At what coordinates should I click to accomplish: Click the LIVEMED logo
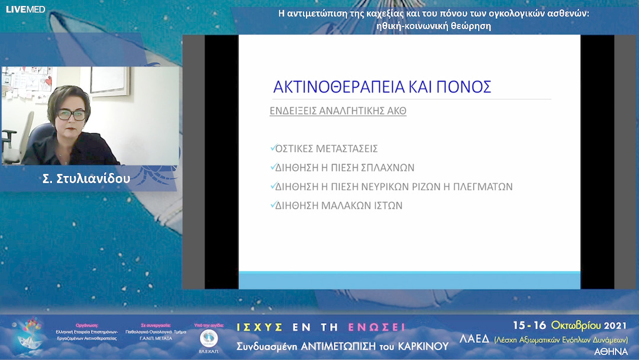click(x=25, y=9)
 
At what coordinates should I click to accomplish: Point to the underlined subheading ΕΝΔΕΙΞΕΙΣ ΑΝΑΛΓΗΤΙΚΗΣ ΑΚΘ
click(x=338, y=111)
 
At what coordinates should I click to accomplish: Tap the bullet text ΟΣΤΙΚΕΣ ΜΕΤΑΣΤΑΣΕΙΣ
click(x=326, y=149)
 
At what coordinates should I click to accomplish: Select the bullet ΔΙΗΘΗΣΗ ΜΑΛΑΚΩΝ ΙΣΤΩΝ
click(x=338, y=205)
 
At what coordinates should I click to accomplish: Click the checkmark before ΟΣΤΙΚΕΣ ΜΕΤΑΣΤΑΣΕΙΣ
click(x=272, y=149)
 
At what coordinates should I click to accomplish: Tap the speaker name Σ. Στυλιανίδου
click(x=86, y=178)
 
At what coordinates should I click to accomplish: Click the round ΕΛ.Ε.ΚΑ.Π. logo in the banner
click(x=209, y=339)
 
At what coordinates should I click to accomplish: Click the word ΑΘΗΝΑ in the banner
click(x=611, y=352)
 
